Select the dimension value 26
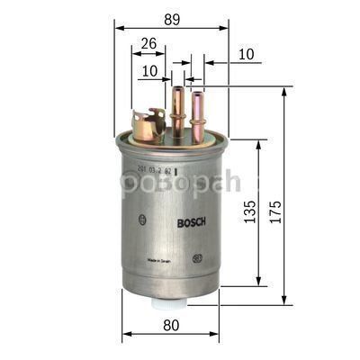tap(149, 41)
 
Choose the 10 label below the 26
tap(148, 69)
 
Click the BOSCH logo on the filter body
tap(191, 222)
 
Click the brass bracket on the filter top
tap(148, 124)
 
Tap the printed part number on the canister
tap(158, 168)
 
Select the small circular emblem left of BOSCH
tap(141, 219)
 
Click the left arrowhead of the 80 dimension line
tap(125, 333)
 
